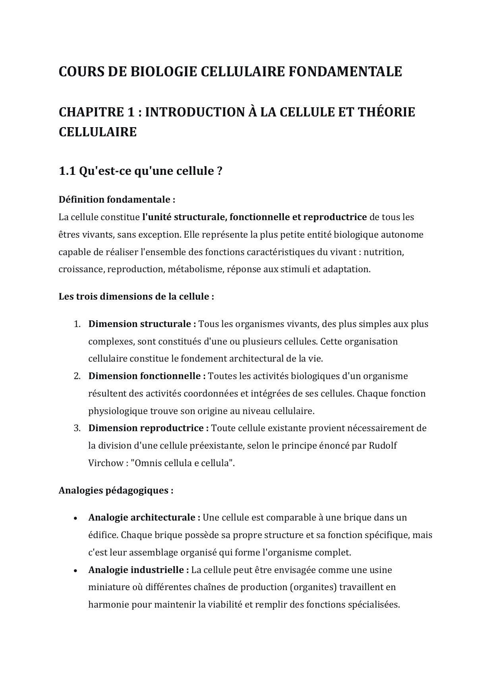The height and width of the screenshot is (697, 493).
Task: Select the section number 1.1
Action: click(x=67, y=171)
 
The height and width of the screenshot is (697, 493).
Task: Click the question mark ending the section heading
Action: click(x=220, y=171)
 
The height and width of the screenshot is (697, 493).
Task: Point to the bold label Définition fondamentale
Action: click(x=117, y=199)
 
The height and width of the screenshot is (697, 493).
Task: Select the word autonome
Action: click(x=402, y=234)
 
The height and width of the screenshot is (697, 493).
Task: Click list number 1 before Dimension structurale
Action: click(x=77, y=324)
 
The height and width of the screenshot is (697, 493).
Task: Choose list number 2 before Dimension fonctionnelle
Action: click(x=77, y=376)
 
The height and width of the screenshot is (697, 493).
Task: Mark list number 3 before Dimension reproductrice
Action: click(x=77, y=428)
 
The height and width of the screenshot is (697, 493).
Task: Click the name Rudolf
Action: click(x=383, y=446)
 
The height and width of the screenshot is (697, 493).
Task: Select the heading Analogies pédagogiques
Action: click(x=116, y=490)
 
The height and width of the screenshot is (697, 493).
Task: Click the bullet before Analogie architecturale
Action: click(x=75, y=518)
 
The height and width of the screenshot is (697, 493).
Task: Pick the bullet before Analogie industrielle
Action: click(x=75, y=571)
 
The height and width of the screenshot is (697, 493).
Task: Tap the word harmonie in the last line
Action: click(x=108, y=605)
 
